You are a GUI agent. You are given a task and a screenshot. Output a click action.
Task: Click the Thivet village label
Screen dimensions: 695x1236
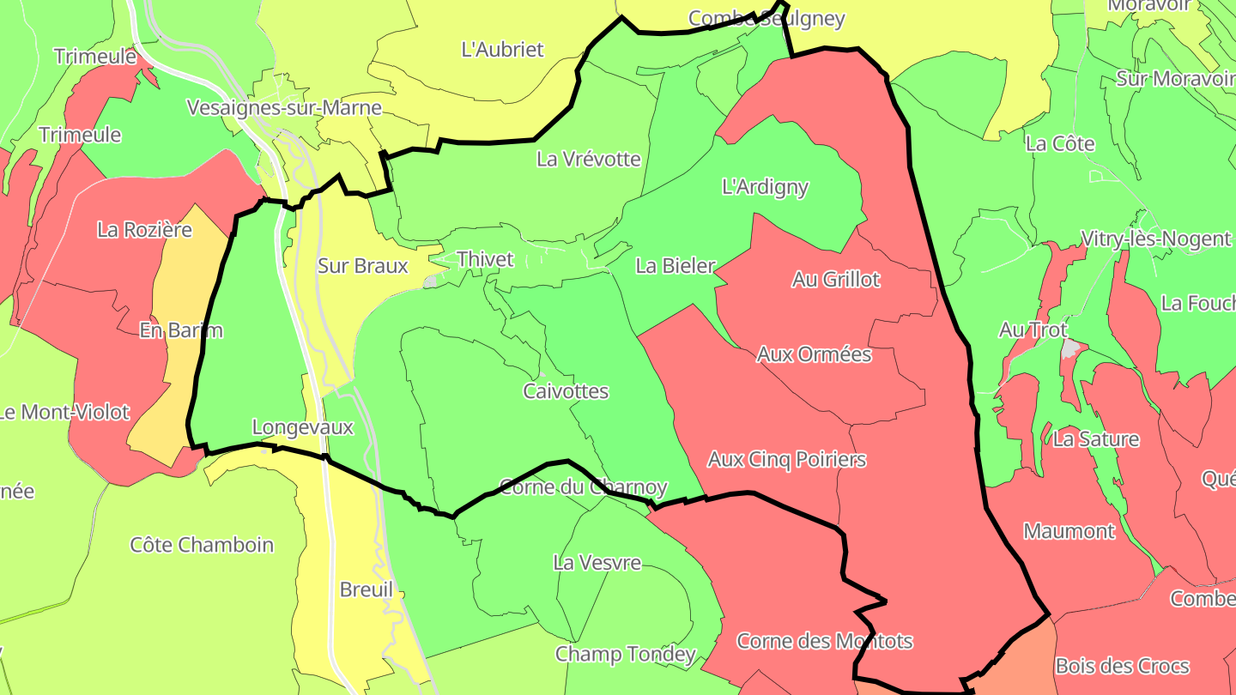coord(485,259)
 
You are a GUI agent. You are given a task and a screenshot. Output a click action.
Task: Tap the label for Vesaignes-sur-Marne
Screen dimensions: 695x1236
coord(284,108)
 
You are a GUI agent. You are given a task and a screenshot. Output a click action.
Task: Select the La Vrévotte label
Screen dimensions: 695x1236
coord(589,159)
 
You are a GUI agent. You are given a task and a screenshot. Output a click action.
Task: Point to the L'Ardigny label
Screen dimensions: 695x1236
coord(766,187)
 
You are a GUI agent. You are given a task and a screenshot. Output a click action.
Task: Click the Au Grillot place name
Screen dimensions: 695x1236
coord(836,280)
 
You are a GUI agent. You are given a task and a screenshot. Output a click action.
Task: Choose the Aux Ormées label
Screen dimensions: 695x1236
coord(814,354)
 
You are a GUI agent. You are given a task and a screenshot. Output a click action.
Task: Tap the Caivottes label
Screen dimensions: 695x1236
coord(566,392)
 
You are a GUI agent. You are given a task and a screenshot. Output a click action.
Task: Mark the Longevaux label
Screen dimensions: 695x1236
coord(302,426)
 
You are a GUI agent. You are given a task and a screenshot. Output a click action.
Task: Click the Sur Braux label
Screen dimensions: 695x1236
coord(362,266)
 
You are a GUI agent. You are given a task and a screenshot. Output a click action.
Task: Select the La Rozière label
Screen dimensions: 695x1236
coord(144,230)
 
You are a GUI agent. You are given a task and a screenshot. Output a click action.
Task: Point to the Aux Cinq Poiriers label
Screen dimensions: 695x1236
coord(786,460)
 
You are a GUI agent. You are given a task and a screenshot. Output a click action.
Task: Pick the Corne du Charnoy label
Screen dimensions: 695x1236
coord(583,487)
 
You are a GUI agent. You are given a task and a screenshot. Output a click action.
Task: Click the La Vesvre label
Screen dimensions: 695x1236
coord(597,563)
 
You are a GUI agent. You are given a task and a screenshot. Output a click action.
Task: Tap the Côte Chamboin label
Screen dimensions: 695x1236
coord(202,545)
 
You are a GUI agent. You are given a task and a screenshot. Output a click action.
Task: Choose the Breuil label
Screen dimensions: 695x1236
coord(367,589)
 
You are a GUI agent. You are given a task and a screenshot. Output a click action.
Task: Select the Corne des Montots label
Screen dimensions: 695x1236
coord(824,641)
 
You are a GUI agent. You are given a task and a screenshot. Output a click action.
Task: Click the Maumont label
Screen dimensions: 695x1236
coord(1069,531)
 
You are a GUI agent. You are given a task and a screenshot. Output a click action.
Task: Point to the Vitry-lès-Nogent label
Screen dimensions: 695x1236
coord(1155,239)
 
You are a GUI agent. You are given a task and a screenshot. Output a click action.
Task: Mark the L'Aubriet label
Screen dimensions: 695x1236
coord(502,50)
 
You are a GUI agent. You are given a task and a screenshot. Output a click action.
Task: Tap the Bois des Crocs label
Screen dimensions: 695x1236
coord(1122,666)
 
